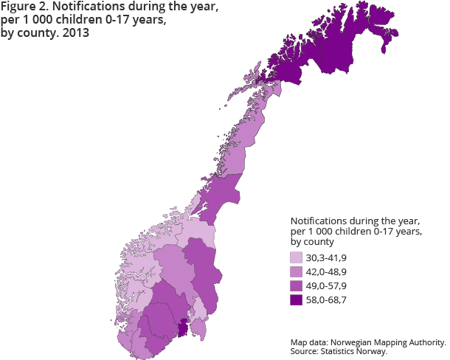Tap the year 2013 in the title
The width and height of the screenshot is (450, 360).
tap(66, 35)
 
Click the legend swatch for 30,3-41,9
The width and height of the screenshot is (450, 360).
tap(297, 257)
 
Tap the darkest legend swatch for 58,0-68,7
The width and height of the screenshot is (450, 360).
tap(297, 300)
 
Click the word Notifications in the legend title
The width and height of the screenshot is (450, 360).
tap(318, 221)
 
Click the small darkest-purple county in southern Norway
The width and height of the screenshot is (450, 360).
tap(184, 327)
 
